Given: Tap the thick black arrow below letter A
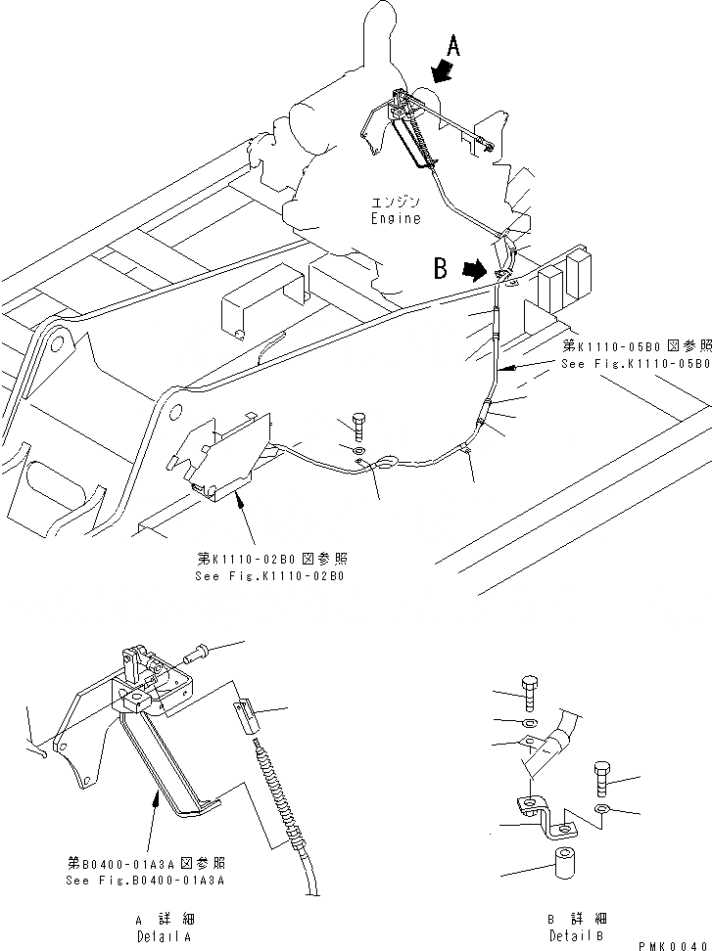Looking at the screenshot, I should pos(441,70).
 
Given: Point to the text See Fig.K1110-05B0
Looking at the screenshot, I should pos(635,363).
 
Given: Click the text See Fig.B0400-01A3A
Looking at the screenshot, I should pos(147,880).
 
